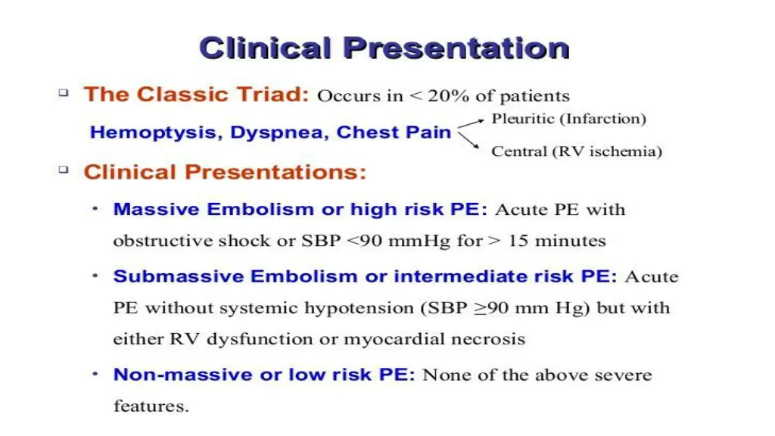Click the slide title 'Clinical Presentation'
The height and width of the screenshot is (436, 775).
tap(384, 48)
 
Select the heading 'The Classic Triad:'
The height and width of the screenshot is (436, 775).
tap(196, 95)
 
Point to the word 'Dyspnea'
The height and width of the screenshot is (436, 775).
tap(277, 132)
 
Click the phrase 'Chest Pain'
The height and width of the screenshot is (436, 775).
tap(394, 132)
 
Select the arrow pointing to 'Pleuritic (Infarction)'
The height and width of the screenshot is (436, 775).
tap(471, 124)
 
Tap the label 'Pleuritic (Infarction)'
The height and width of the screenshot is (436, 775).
tap(568, 119)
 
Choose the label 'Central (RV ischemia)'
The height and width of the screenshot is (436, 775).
tap(577, 151)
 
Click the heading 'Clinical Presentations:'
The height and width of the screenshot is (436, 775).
tap(225, 172)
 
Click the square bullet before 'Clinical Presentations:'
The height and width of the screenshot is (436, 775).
tap(64, 170)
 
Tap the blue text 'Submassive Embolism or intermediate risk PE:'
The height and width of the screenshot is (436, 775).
tap(365, 276)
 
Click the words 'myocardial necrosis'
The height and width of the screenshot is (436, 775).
tap(434, 339)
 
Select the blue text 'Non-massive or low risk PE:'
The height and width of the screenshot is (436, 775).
tap(264, 375)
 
